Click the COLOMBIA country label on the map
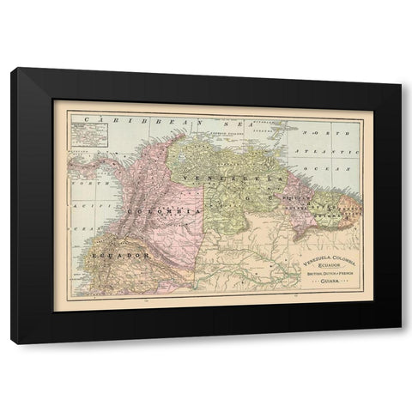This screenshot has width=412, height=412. tap(163, 210)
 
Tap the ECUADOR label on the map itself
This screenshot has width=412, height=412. tap(119, 255)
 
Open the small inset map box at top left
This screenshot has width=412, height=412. tap(85, 134)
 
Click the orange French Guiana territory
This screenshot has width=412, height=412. tap(347, 210)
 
